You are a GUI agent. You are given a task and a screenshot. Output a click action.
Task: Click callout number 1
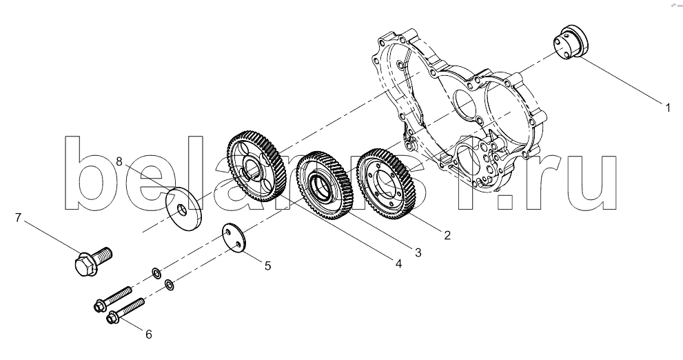667,107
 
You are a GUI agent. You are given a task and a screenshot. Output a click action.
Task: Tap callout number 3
418,252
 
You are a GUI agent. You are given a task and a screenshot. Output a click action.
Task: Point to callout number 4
398,263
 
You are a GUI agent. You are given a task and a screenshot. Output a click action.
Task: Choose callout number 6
147,334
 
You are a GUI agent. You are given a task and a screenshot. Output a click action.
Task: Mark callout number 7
19,218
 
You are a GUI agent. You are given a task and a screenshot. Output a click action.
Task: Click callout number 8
119,162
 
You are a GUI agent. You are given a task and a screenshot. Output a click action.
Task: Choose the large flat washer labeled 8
183,206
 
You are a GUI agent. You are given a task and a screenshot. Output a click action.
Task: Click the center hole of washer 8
181,208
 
